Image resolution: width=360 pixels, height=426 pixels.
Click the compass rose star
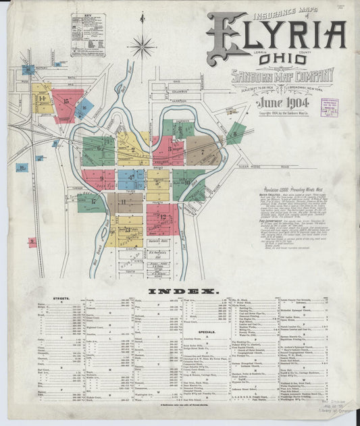(x=142, y=47)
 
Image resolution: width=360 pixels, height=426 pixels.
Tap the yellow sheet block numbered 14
(x=41, y=99)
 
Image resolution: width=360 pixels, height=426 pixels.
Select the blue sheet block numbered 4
(x=130, y=179)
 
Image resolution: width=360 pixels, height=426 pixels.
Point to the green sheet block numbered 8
(x=234, y=134)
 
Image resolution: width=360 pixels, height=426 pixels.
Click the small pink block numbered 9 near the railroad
(x=32, y=241)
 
